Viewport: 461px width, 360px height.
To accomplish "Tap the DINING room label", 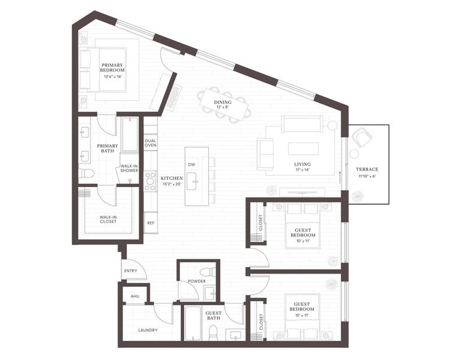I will [223, 102].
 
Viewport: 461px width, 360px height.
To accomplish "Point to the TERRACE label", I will [367, 169].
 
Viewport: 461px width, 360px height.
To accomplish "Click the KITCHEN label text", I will [171, 179].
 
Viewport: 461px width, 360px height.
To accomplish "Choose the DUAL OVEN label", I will [150, 143].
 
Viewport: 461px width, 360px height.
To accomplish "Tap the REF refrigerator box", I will [150, 223].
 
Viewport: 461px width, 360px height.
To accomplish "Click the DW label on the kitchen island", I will [191, 164].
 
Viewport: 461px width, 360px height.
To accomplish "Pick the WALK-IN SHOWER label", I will [129, 169].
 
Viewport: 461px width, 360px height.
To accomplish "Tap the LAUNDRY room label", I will [148, 330].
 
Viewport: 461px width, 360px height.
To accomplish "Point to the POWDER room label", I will [196, 281].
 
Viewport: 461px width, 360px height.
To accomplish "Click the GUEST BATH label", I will [214, 315].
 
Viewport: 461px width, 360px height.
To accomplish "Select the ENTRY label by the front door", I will [131, 271].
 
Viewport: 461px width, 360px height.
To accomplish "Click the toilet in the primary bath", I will [87, 173].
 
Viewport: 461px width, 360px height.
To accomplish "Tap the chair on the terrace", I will [363, 139].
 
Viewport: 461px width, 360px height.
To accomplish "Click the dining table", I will [225, 103].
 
